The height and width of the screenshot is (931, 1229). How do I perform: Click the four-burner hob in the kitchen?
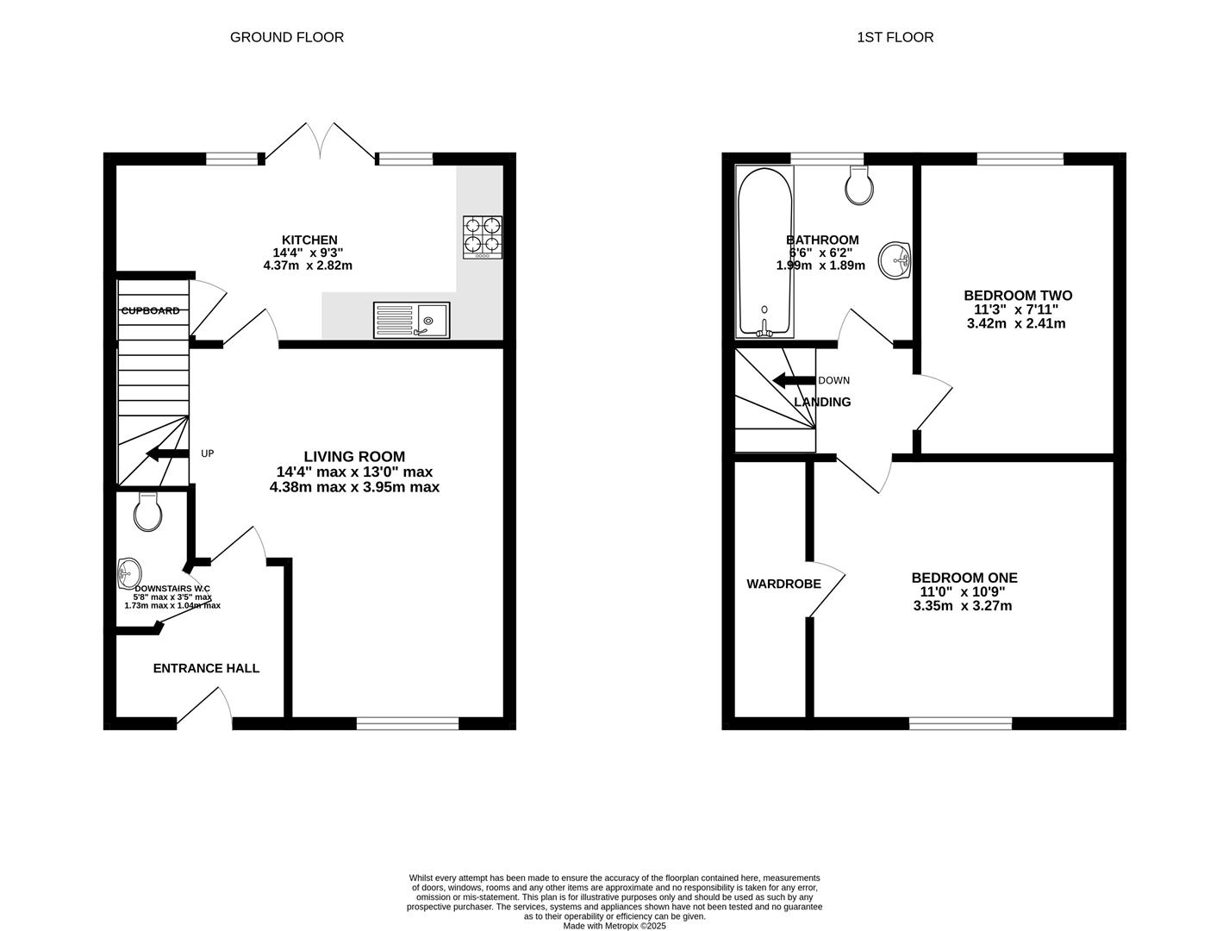[483, 237]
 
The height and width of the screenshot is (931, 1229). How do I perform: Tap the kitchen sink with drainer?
[411, 320]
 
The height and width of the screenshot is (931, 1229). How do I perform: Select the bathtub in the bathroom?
[764, 251]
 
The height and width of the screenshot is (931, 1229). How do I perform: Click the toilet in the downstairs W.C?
[149, 513]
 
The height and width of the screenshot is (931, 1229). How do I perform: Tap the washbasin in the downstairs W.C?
[129, 572]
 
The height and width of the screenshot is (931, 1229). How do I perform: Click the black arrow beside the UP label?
[167, 453]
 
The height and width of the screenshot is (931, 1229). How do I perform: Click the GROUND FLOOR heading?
[287, 37]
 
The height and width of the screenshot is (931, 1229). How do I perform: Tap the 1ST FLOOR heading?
[895, 37]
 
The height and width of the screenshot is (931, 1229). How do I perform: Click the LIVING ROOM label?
[353, 457]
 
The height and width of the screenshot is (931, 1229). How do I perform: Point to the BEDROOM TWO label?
[1018, 296]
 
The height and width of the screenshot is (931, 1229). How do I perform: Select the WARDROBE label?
[783, 584]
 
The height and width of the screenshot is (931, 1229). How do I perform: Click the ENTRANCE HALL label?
[206, 668]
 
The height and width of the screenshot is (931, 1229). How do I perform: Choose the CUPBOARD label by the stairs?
[151, 310]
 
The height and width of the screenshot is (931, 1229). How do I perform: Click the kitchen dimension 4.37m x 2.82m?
[308, 266]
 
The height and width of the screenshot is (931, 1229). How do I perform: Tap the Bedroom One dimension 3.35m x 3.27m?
[963, 606]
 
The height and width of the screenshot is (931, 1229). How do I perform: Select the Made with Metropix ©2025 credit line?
[614, 926]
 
